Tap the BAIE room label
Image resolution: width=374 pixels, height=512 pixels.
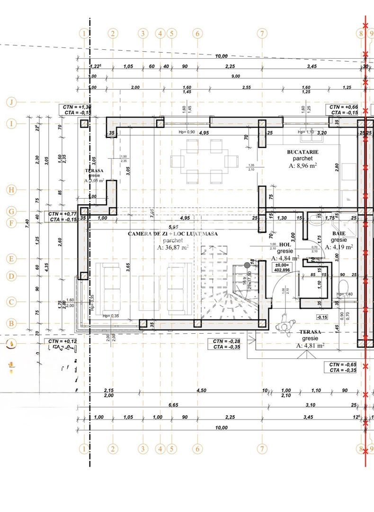point(338,234)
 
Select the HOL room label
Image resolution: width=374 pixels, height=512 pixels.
point(285,244)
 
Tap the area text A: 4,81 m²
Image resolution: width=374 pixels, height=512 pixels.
point(310,346)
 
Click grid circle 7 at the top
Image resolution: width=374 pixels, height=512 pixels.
point(262,33)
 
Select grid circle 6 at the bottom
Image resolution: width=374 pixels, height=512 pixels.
point(197,448)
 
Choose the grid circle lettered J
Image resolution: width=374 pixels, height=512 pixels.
point(11,102)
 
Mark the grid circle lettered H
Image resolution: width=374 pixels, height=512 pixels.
point(11,190)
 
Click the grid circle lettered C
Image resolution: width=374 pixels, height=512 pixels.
point(11,302)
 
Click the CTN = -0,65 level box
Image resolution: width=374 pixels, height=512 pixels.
point(343,367)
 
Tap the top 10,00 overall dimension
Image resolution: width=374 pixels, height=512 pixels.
point(221,56)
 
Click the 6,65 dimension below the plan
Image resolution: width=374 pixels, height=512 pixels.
point(173,405)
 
